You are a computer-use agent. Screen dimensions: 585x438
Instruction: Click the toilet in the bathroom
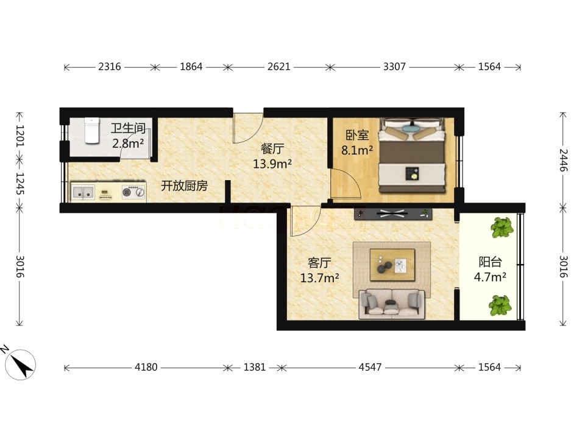[91, 130]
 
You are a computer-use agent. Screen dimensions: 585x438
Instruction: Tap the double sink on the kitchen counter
[83, 193]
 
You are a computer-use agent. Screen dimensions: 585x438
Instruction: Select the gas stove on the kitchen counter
[133, 192]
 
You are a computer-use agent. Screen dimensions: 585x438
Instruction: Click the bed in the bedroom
[413, 155]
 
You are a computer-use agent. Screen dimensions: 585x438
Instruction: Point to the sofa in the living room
[392, 304]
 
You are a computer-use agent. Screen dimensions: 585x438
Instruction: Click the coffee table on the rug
[392, 265]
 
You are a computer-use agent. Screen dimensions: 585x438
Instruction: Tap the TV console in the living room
[393, 214]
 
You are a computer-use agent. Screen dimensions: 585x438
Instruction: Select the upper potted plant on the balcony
[502, 228]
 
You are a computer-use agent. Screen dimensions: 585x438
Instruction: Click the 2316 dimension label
[110, 67]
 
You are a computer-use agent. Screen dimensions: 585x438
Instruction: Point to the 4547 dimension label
[370, 367]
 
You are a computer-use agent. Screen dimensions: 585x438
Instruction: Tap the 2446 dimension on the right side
[563, 160]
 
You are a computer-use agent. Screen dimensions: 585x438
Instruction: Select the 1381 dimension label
[255, 367]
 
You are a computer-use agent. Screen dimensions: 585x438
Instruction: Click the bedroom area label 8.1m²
[357, 150]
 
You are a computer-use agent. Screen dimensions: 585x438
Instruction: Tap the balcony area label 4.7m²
[490, 277]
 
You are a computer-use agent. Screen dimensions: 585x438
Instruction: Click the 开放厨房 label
[184, 186]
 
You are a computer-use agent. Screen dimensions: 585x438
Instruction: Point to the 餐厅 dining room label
[272, 148]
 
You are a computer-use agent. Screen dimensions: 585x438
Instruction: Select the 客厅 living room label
[319, 263]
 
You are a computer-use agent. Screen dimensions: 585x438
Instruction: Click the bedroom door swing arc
[353, 178]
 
